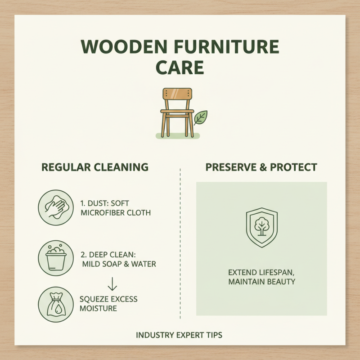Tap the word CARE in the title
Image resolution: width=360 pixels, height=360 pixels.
[180, 68]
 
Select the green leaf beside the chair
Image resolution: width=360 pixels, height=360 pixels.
[200, 117]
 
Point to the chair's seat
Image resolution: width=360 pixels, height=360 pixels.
[177, 111]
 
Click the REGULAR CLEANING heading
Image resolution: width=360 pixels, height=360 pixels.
[95, 167]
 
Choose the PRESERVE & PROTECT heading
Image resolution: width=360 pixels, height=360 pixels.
[261, 167]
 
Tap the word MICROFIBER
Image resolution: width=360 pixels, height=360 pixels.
[101, 213]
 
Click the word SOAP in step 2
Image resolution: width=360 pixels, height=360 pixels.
[112, 264]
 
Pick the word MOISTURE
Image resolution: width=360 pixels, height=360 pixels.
[98, 309]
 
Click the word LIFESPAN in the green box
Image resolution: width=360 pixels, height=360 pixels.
[272, 273]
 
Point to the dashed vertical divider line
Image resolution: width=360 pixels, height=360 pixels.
[180, 243]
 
